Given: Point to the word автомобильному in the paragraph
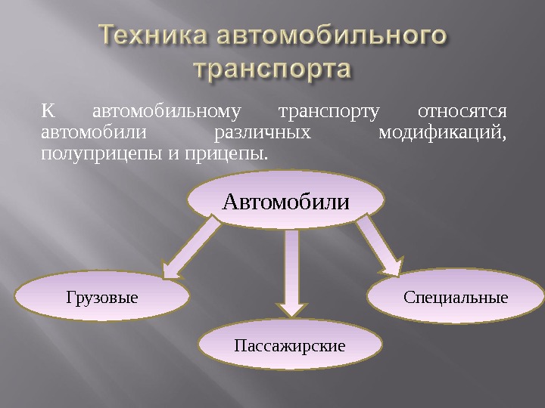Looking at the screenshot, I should [166, 112].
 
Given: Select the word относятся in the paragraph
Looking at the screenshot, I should [462, 112].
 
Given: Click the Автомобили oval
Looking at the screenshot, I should [285, 202].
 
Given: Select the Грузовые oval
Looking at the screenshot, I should [102, 297].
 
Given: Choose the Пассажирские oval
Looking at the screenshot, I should [289, 346].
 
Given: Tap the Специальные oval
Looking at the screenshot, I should [456, 297].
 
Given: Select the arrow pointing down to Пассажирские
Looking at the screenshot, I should [290, 272].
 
